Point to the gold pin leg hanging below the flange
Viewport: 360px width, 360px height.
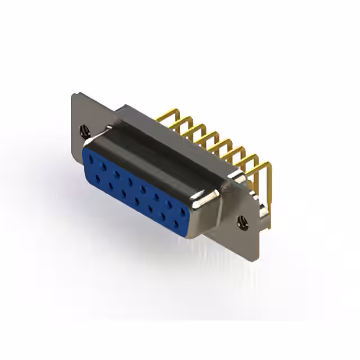click(x=269, y=214)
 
